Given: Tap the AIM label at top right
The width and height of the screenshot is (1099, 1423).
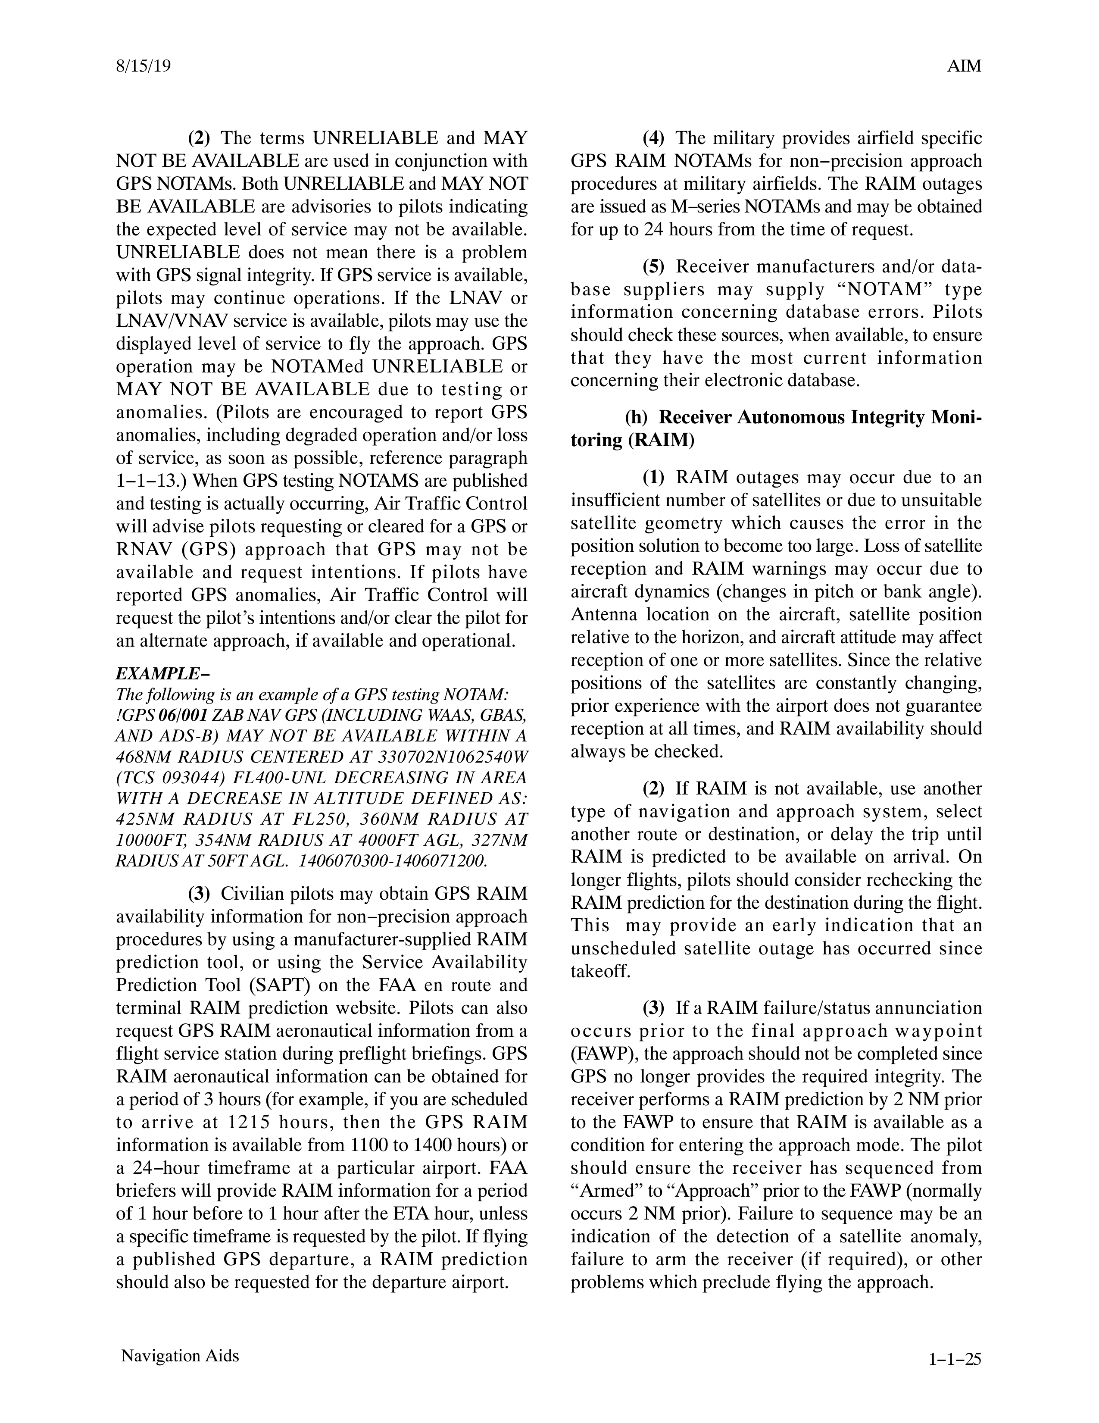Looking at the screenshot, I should coord(964,66).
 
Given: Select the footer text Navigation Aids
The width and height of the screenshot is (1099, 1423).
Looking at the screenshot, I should coord(180,1355).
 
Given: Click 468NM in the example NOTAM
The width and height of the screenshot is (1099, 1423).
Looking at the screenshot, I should coord(145,757).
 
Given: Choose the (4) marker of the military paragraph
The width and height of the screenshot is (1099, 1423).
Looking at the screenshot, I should coord(653,138).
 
